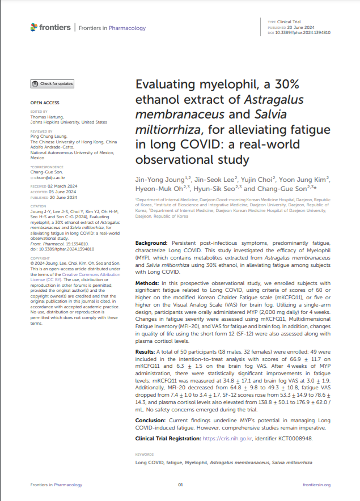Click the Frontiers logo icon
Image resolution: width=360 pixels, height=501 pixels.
(x=34, y=27)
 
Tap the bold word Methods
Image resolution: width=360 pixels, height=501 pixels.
(x=146, y=282)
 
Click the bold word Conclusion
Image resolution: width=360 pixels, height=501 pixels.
(x=150, y=421)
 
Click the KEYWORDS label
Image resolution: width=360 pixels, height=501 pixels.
(x=145, y=455)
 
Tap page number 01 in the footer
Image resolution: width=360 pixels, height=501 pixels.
(x=180, y=485)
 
